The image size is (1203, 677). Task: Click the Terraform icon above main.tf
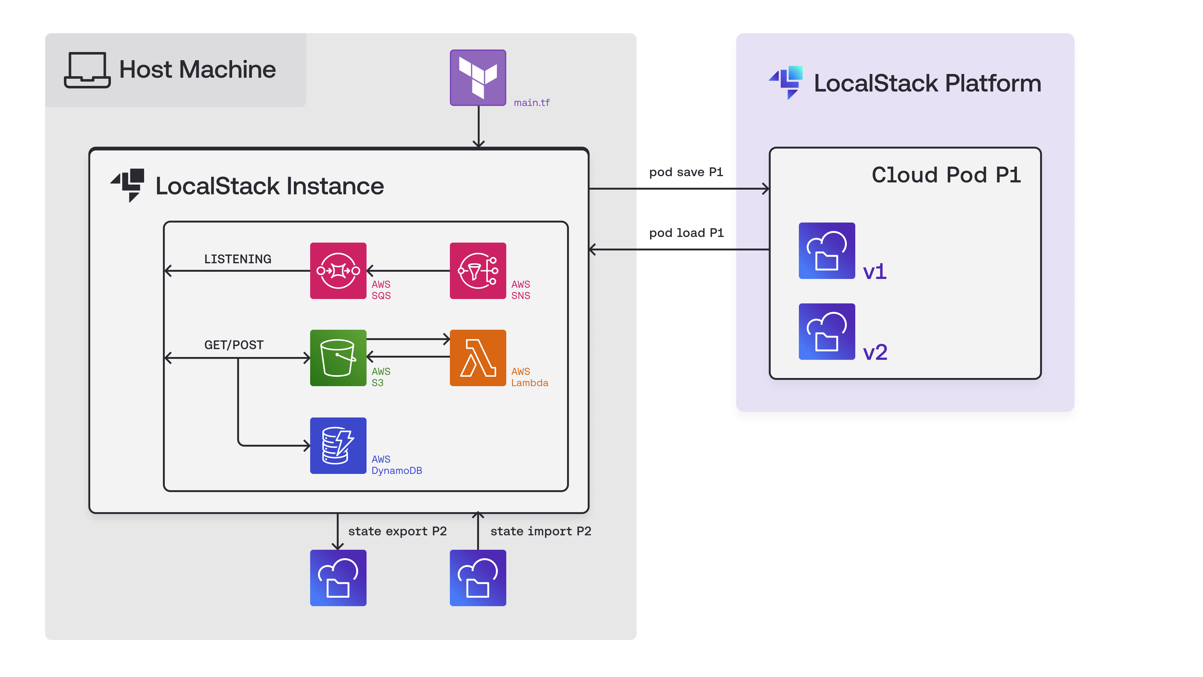478,77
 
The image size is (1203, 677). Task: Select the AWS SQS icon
338,270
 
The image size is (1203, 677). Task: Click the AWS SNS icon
478,270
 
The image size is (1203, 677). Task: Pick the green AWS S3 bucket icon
338,358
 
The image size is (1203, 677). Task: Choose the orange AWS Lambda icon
478,358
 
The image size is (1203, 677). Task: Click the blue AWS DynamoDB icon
338,445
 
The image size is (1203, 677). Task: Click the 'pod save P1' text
685,172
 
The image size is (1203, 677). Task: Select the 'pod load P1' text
686,233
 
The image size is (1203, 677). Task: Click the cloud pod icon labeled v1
827,251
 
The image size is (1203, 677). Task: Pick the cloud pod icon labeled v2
827,331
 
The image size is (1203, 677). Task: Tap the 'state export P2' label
397,531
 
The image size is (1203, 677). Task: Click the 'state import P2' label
540,531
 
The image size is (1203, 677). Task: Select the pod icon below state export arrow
338,578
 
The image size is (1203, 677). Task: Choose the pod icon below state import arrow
478,578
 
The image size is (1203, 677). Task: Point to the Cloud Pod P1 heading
946,175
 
